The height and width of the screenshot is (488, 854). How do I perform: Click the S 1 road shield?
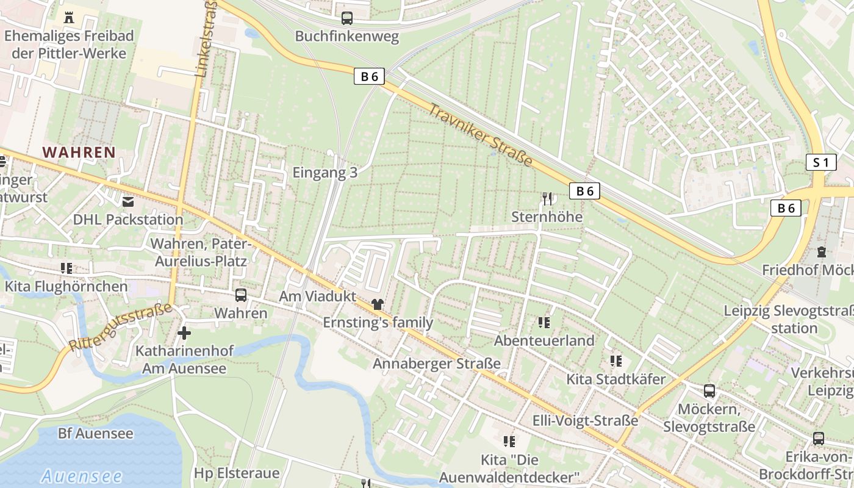821,162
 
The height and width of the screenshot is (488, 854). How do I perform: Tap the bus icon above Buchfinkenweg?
347,18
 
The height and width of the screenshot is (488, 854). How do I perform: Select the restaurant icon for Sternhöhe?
547,198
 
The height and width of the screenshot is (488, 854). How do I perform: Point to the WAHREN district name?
79,152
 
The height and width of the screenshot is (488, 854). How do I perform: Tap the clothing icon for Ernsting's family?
378,304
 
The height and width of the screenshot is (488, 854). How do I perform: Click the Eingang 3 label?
325,173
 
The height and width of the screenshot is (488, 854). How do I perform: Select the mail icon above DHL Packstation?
128,201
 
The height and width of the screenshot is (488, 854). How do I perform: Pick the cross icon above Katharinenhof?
184,333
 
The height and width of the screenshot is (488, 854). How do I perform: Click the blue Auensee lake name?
82,476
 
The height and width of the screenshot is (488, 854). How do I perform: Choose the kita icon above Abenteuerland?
544,322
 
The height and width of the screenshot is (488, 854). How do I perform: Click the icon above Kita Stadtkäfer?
616,361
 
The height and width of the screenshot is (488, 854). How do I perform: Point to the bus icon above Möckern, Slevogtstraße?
709,391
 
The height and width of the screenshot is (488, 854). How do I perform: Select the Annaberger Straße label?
437,364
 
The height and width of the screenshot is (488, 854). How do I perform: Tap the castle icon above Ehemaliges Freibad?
68,17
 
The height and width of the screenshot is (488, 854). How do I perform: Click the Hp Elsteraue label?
237,473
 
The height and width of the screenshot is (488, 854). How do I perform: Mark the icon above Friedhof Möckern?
821,251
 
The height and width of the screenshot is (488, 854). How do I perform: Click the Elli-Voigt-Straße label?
586,420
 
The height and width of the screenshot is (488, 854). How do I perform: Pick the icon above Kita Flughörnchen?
66,268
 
